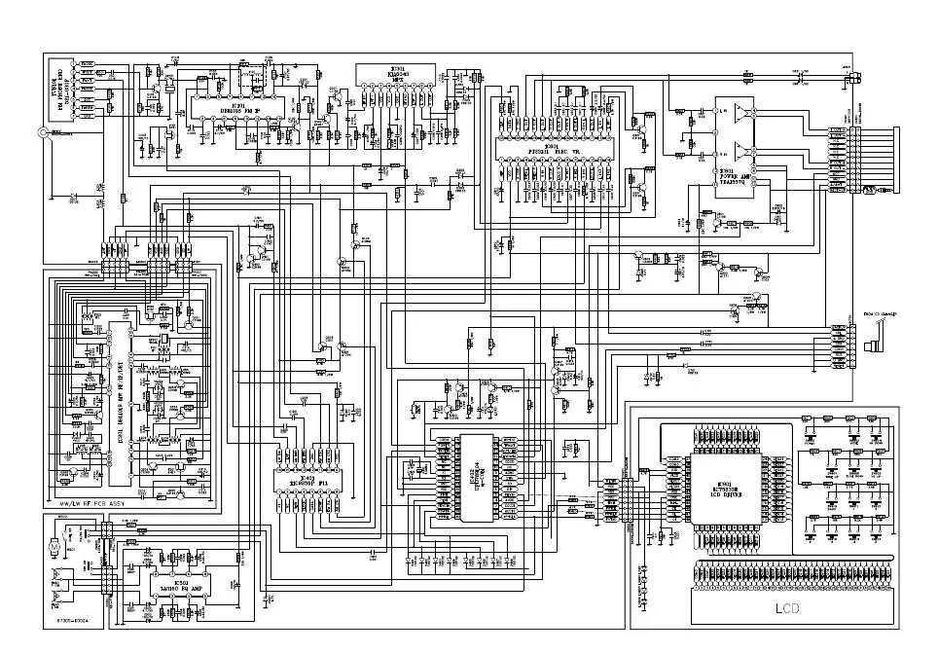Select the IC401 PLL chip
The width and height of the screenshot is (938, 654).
pyautogui.click(x=307, y=470)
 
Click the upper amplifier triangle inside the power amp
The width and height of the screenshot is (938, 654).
pyautogui.click(x=743, y=115)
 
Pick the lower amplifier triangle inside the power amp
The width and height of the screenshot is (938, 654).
pyautogui.click(x=743, y=153)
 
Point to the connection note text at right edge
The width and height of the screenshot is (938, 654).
pyautogui.click(x=881, y=313)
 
